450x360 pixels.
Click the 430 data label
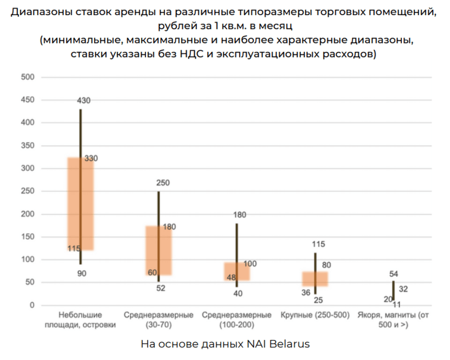(x=84, y=100)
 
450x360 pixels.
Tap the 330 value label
(x=91, y=159)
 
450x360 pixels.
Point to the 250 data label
(x=163, y=183)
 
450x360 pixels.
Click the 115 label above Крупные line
(x=318, y=244)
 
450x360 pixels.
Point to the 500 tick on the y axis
(x=27, y=77)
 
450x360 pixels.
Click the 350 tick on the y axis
(x=27, y=146)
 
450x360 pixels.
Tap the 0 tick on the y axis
(x=31, y=306)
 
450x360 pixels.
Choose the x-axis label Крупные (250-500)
(x=315, y=316)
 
